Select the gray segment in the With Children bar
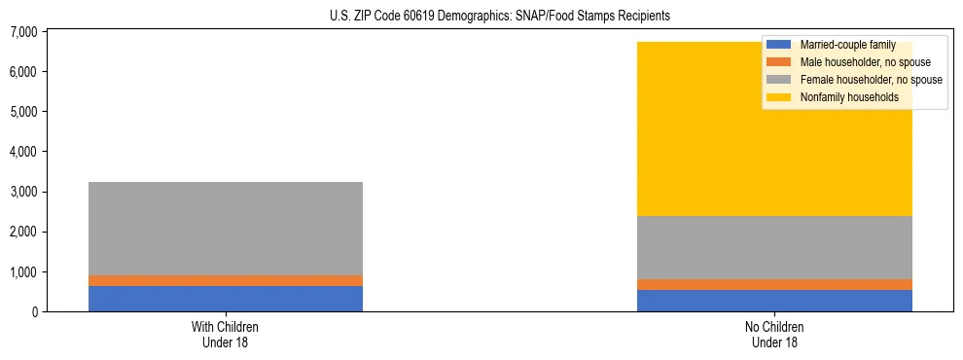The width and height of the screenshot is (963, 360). click(x=226, y=228)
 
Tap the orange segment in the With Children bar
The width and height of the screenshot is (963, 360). click(x=226, y=280)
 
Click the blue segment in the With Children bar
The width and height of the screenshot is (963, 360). click(x=226, y=299)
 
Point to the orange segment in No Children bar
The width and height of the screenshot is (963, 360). click(x=774, y=284)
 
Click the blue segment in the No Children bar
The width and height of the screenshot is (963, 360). click(x=774, y=301)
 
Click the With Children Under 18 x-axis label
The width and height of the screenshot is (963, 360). click(x=226, y=334)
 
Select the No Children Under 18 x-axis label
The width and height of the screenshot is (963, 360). click(x=774, y=334)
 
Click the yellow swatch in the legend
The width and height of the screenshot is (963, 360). click(x=779, y=97)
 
